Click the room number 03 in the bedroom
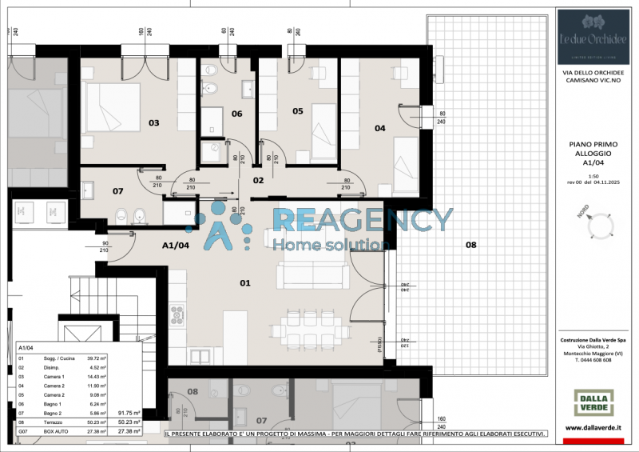153,122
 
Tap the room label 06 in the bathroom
236,114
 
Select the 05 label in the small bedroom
297,111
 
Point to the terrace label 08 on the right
470,245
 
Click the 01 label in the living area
244,282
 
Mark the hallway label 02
258,181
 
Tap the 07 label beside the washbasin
117,191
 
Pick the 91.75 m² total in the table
129,413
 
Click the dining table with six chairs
306,327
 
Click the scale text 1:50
593,175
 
